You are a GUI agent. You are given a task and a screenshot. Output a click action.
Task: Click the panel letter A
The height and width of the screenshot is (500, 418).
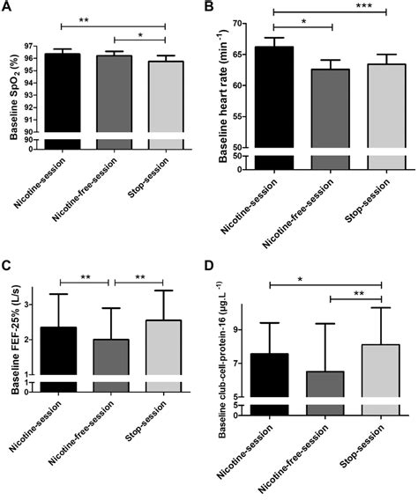(x=7, y=8)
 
